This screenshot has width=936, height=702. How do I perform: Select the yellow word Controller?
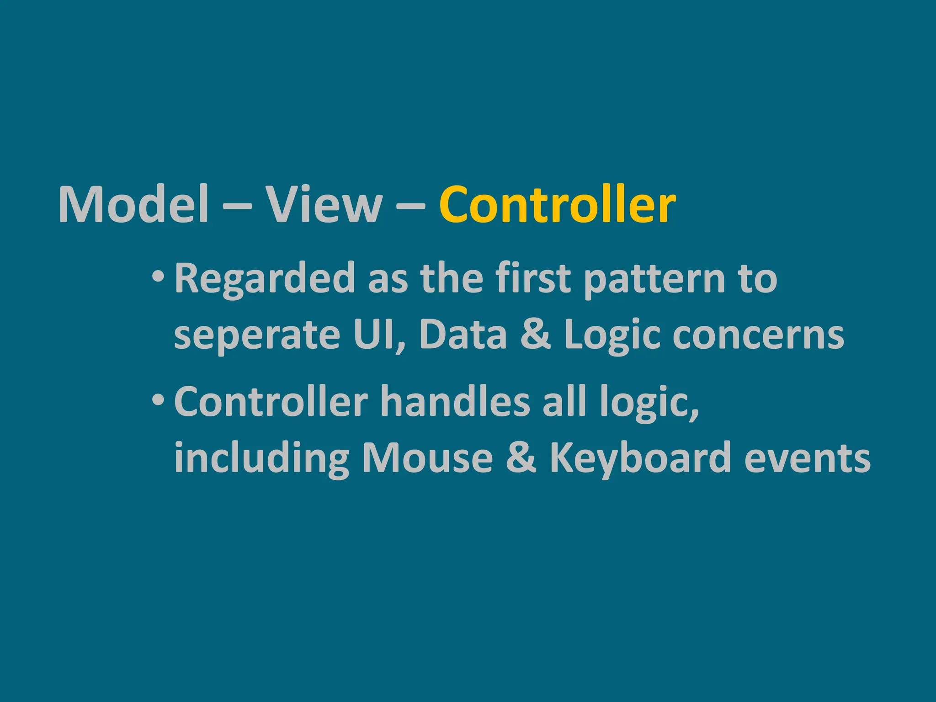point(557,204)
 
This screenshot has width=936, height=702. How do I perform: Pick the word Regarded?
point(265,279)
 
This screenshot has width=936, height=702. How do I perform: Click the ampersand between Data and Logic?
point(536,334)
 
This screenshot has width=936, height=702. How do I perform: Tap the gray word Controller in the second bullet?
point(271,402)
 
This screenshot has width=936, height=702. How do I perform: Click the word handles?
point(455,402)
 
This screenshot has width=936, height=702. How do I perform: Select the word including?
point(261,458)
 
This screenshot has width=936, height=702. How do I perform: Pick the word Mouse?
point(427,458)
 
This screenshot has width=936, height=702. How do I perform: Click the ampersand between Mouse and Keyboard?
point(521,458)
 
